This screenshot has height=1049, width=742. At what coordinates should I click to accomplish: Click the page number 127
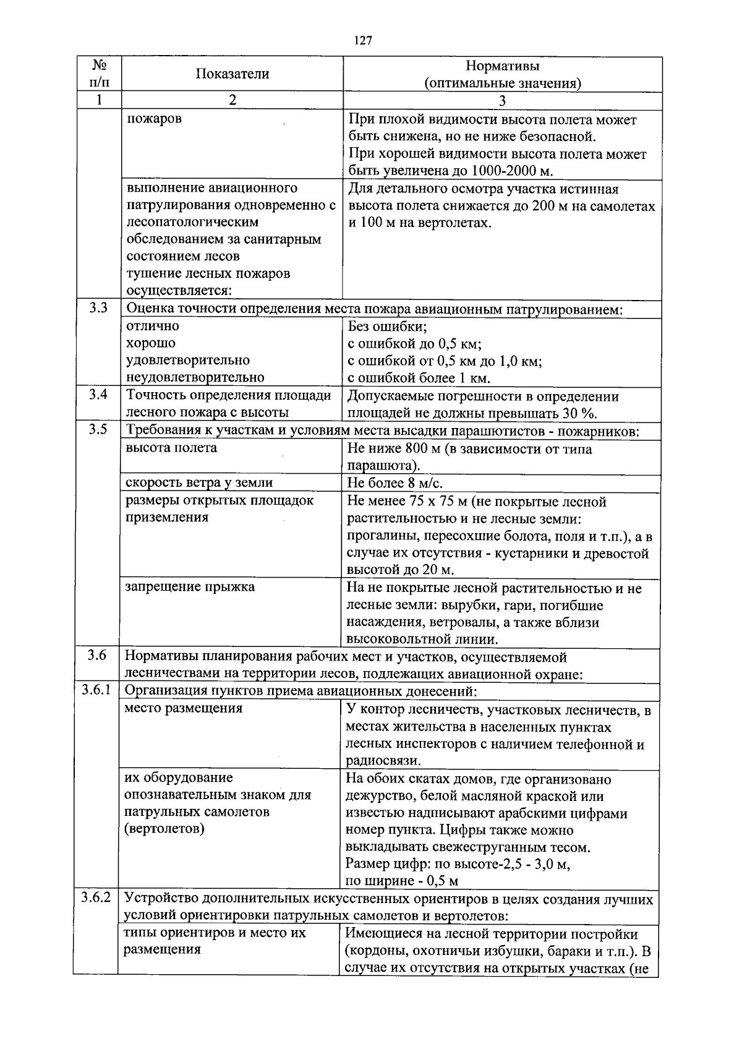363,41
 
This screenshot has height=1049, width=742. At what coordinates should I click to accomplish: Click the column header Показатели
232,74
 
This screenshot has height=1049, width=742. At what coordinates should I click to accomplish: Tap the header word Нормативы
502,66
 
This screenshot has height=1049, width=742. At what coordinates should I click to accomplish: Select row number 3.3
98,308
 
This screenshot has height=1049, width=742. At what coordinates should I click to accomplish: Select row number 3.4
98,394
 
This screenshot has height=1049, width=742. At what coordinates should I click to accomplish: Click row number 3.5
98,429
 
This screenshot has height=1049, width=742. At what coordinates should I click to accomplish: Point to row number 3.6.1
96,690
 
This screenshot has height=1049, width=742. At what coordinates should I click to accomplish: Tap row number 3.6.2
96,897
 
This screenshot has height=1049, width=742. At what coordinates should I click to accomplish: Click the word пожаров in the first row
154,118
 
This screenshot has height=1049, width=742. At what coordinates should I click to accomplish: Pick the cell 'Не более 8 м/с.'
395,483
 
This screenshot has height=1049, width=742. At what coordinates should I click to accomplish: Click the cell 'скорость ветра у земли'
199,482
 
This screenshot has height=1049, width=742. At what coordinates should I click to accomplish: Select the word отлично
153,325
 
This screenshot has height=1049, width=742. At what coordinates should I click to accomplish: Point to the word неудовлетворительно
195,377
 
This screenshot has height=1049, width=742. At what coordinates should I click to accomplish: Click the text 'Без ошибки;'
388,326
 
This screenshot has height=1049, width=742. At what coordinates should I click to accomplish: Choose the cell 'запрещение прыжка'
190,586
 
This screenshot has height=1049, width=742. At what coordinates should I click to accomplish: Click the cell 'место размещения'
183,708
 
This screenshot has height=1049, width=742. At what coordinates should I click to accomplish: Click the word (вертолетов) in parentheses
164,828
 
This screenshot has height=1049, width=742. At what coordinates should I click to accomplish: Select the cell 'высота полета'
171,448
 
